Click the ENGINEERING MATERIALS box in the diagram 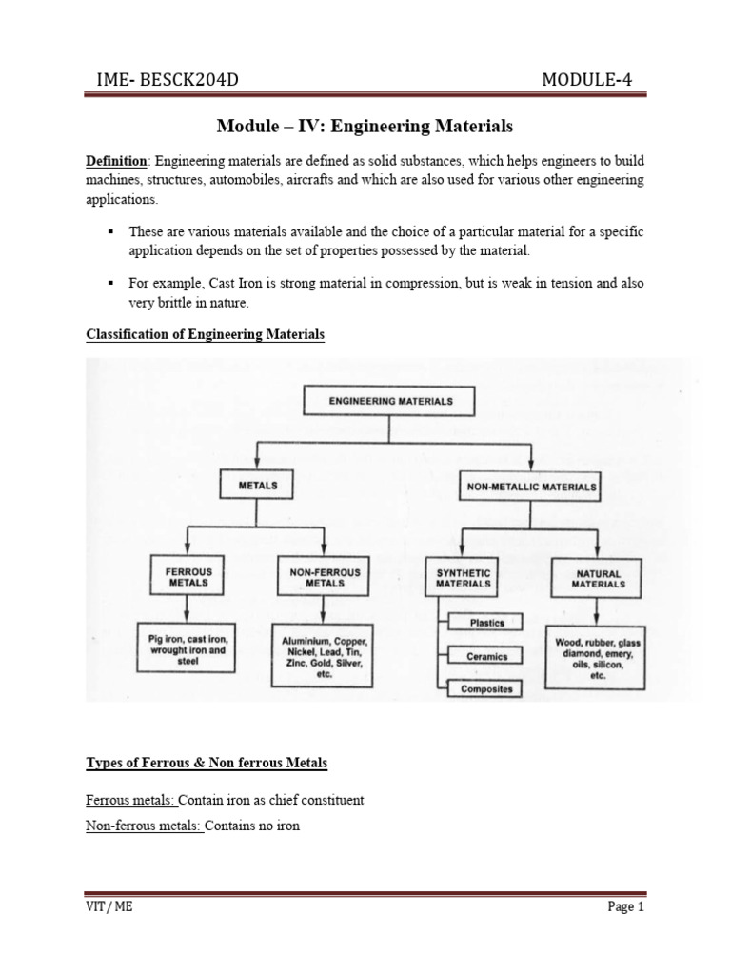(x=390, y=402)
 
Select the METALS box (x=258, y=485)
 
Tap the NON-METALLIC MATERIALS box (x=531, y=487)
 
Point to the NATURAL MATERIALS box (x=598, y=579)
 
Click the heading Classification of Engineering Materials (x=206, y=335)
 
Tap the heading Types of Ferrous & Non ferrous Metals (x=207, y=765)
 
